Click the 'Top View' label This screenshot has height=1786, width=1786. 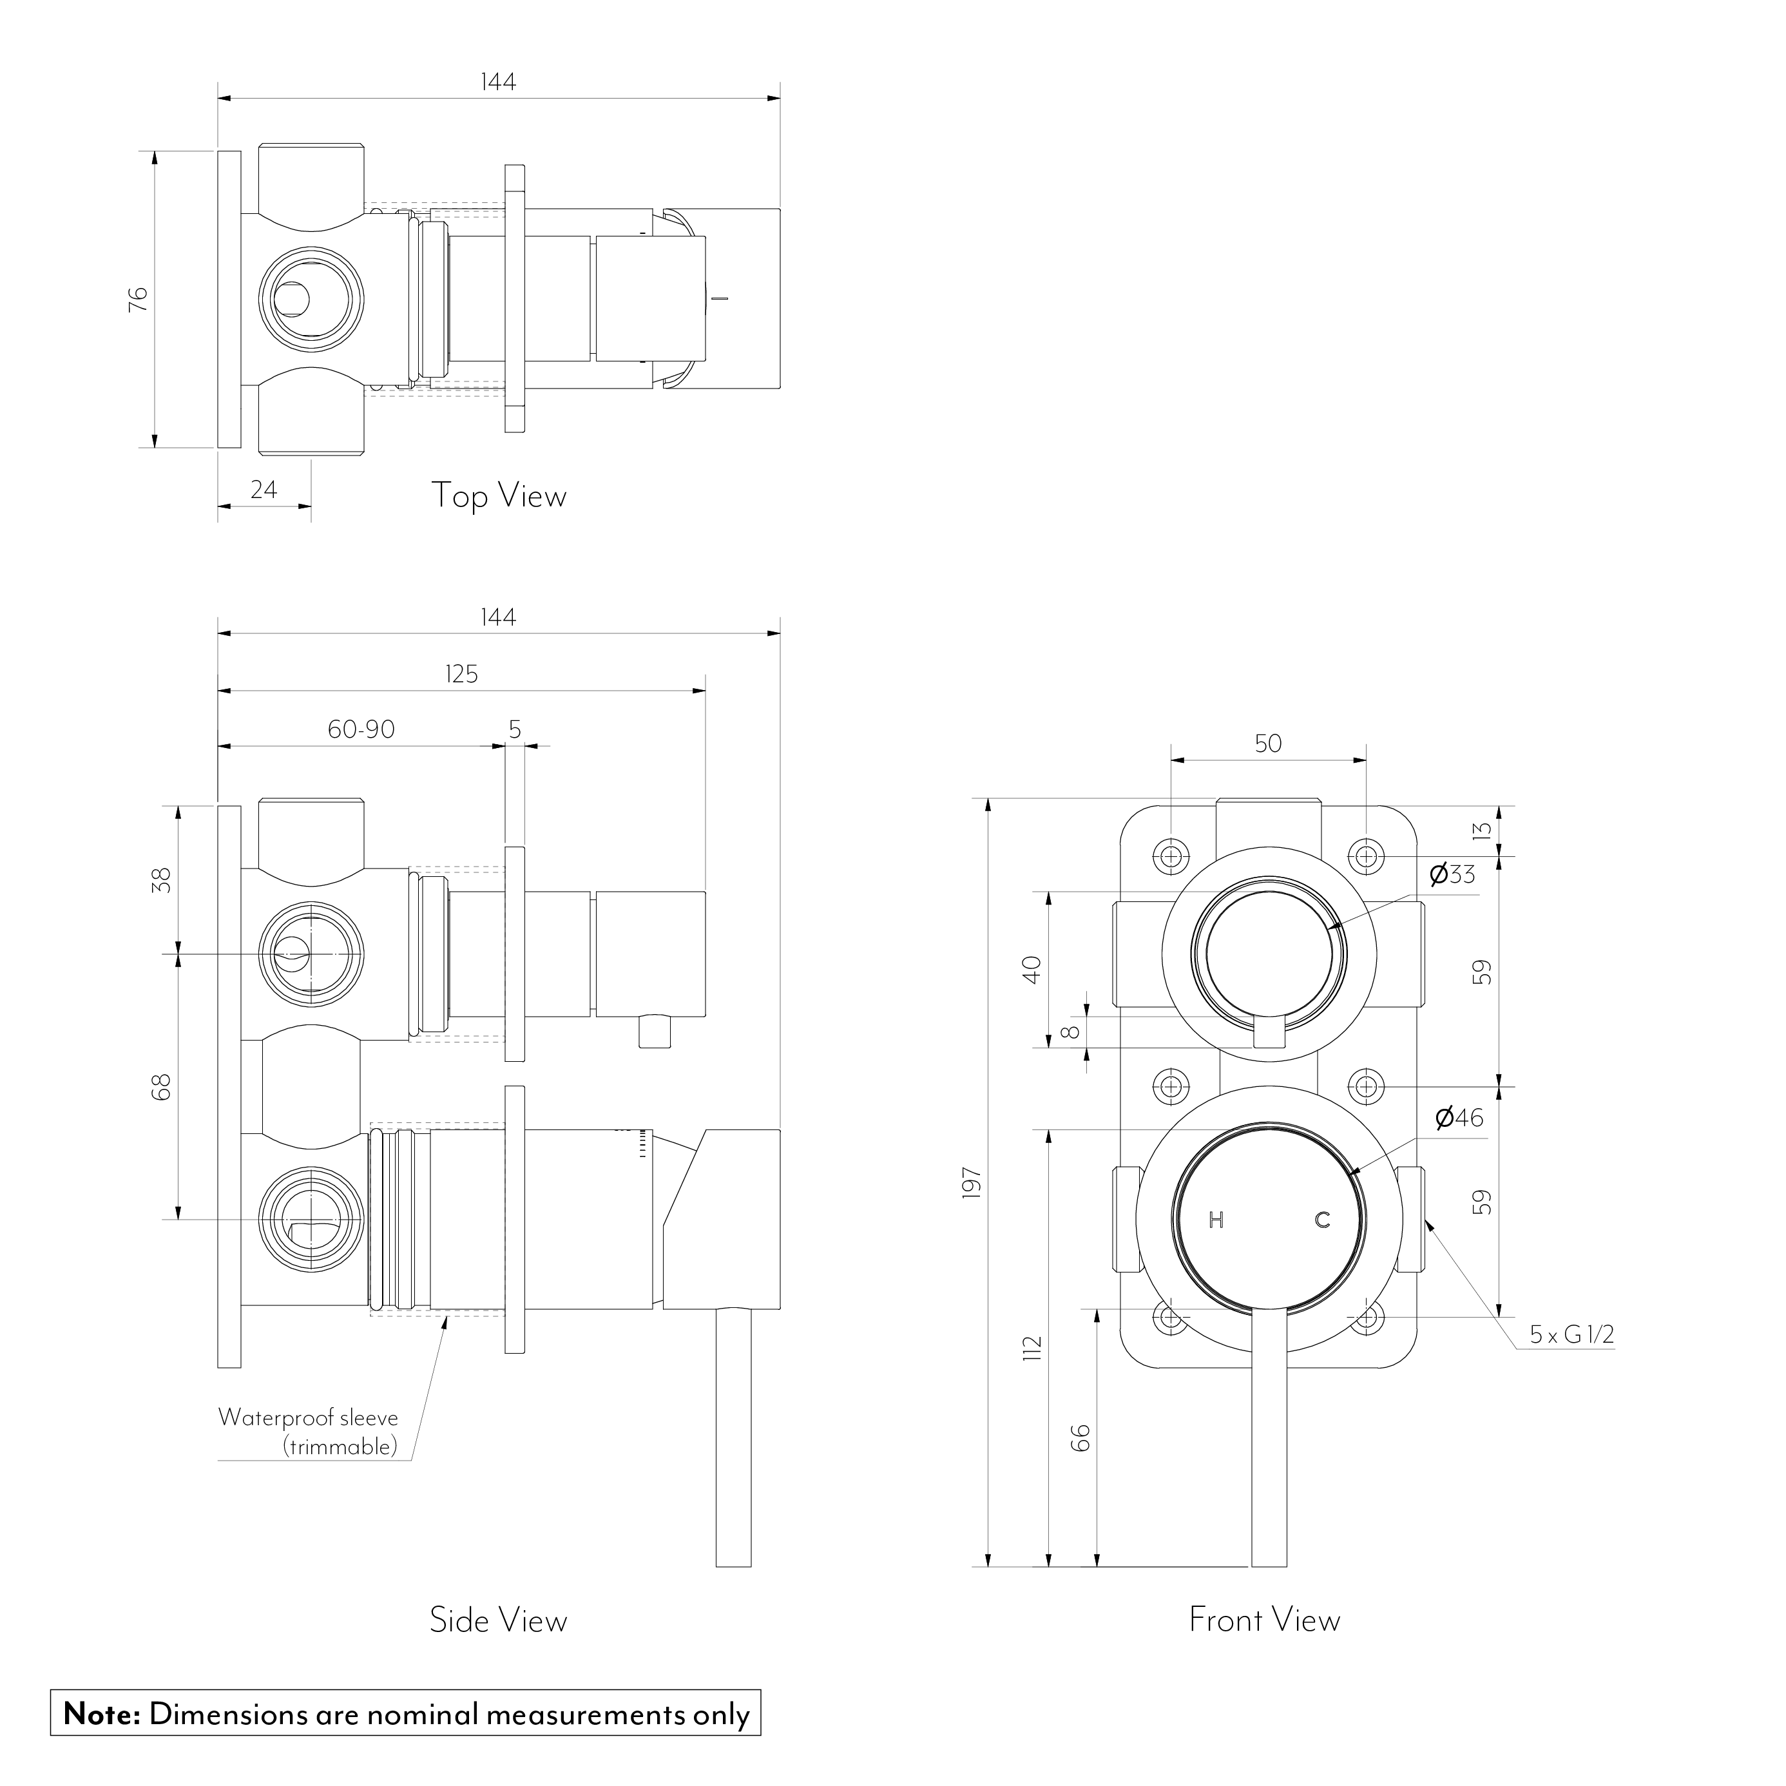pos(498,496)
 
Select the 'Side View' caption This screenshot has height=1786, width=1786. pos(498,1620)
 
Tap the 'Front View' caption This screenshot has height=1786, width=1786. pos(1263,1620)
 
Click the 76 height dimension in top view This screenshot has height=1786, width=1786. pos(138,298)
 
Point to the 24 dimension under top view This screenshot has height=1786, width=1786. pos(264,489)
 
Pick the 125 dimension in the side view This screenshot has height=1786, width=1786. pos(461,674)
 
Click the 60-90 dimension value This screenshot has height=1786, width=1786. pos(361,729)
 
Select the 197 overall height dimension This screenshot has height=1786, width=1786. pos(971,1184)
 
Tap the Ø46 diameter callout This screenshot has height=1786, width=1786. pos(1459,1118)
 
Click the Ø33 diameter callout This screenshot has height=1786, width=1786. pos(1452,874)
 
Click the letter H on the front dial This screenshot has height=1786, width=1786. pos(1216,1220)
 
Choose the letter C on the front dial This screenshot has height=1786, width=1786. pos(1322,1220)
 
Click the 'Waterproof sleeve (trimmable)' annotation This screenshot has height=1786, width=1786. pos(308,1432)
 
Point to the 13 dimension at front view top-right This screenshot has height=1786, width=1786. pos(1483,830)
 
